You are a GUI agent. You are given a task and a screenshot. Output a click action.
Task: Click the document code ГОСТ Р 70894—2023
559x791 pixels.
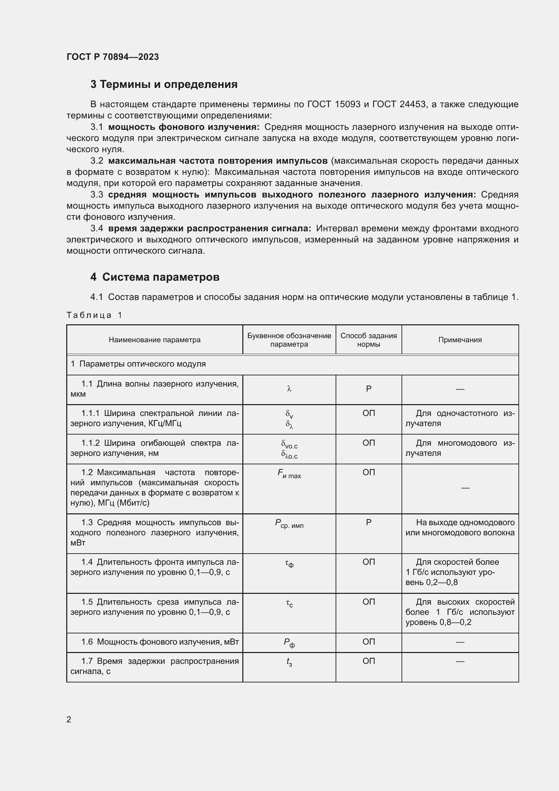click(x=113, y=57)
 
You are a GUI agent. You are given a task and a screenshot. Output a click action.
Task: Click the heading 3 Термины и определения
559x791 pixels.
click(x=164, y=85)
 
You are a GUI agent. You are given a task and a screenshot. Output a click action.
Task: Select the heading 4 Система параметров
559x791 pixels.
click(x=155, y=277)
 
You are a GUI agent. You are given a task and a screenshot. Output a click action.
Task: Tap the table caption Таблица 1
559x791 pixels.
click(x=94, y=315)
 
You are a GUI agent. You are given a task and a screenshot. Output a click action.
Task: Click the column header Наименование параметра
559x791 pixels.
click(x=154, y=340)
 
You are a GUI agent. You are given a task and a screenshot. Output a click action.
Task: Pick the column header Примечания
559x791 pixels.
click(x=460, y=340)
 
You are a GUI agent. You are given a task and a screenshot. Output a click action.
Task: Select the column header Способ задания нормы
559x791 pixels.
click(x=368, y=340)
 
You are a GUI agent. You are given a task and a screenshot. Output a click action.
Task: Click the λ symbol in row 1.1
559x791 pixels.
click(x=289, y=389)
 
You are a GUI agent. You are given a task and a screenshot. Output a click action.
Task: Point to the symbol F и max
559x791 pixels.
click(x=289, y=474)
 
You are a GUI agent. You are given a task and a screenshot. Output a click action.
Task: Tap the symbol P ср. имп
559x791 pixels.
click(x=289, y=524)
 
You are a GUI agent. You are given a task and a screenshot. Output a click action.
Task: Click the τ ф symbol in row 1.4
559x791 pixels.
click(x=289, y=564)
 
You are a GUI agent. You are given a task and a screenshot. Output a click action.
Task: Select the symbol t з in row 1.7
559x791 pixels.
click(x=289, y=662)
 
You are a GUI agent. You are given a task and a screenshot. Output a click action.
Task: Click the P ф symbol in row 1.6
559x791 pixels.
click(x=289, y=643)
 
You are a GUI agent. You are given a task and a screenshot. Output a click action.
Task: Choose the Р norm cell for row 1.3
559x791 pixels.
click(x=369, y=522)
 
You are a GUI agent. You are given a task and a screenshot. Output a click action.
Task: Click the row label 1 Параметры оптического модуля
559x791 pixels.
click(x=138, y=364)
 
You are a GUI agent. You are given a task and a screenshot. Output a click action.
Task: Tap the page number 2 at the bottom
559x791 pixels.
click(x=69, y=719)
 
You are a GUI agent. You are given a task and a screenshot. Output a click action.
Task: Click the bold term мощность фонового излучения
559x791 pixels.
click(x=184, y=127)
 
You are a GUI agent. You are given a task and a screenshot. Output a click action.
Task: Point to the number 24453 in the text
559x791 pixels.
click(x=413, y=104)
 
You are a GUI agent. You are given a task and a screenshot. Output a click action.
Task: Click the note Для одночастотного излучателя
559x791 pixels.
click(x=460, y=418)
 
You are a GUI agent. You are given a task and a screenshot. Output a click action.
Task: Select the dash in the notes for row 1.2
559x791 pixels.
click(x=465, y=488)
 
